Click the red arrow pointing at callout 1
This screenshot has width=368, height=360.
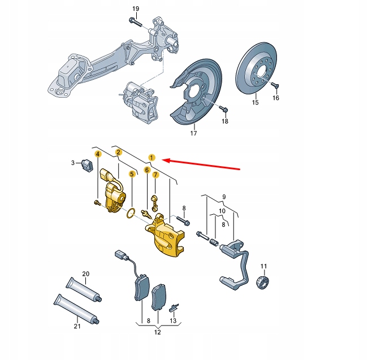[x=204, y=164]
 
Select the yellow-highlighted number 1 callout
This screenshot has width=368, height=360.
[x=151, y=157]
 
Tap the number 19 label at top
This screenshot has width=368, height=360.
[x=135, y=8]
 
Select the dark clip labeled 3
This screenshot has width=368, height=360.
[x=87, y=165]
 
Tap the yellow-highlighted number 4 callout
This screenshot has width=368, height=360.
[x=98, y=153]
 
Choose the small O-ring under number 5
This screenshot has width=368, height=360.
[x=130, y=212]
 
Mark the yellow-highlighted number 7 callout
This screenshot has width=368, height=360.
[x=155, y=175]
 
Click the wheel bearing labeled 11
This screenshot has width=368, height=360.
[x=263, y=280]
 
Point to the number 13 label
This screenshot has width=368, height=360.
[x=174, y=320]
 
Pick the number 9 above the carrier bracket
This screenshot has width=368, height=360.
[x=223, y=197]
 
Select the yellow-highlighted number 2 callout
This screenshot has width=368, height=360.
[x=118, y=152]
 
